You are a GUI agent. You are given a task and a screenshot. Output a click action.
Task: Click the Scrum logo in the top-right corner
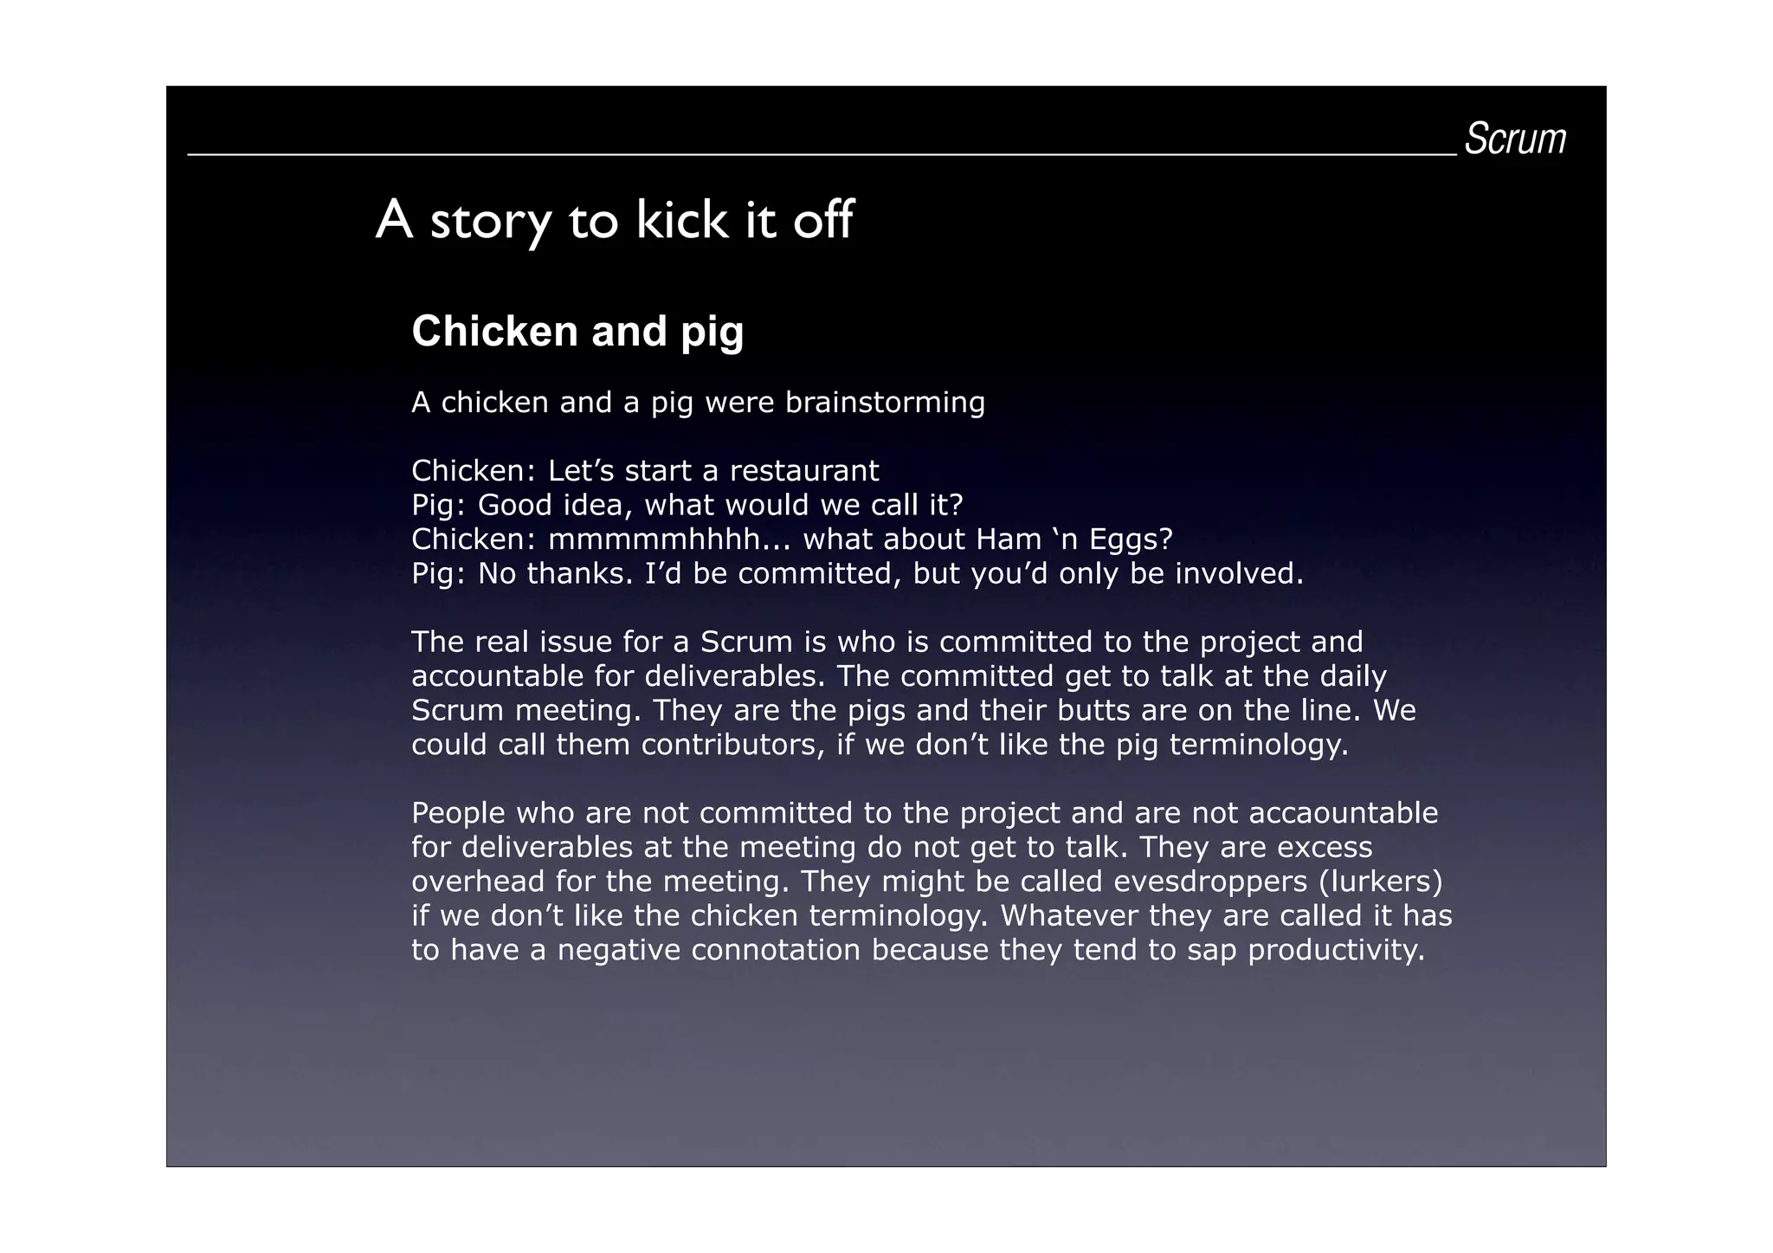(x=1515, y=139)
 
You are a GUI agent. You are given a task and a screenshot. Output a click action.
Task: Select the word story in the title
(x=491, y=223)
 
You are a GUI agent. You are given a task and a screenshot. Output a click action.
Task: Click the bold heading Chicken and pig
(x=577, y=331)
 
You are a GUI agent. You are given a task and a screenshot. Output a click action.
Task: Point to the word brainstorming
(x=885, y=403)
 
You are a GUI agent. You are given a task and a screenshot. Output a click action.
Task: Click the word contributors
(x=732, y=745)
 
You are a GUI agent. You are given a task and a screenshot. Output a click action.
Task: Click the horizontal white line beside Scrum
(x=822, y=155)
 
